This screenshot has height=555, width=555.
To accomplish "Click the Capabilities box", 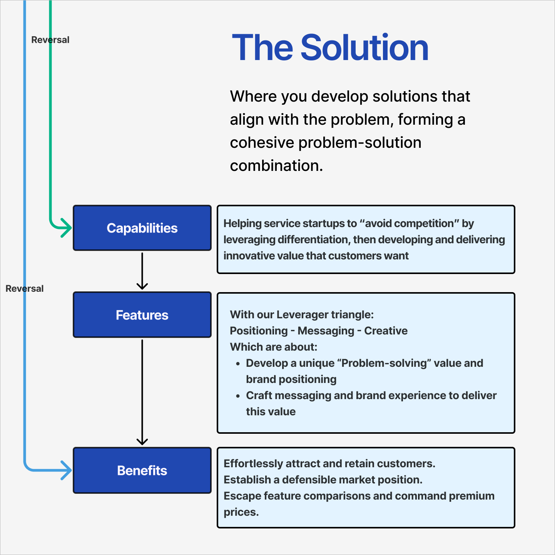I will [x=142, y=228].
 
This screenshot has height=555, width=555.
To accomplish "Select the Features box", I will [x=142, y=315].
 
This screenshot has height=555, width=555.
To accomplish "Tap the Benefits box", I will [x=142, y=470].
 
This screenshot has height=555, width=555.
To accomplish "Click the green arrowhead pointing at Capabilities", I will [x=66, y=228].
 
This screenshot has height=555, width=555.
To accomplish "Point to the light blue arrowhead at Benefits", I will [x=66, y=470].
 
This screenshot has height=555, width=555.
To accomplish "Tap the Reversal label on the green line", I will [x=50, y=40].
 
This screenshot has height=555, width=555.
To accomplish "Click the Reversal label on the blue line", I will [x=25, y=289].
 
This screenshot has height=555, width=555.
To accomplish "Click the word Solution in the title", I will [x=364, y=48].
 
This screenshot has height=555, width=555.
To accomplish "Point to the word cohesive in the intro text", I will [x=262, y=143].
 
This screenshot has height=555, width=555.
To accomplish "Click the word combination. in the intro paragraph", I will [x=276, y=166].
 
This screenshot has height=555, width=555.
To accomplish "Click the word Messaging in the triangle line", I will [x=326, y=331].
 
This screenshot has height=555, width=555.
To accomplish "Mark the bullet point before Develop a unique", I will [x=238, y=364].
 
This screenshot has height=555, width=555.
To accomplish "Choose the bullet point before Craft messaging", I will [x=238, y=396].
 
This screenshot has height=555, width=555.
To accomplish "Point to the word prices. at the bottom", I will [x=241, y=512].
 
